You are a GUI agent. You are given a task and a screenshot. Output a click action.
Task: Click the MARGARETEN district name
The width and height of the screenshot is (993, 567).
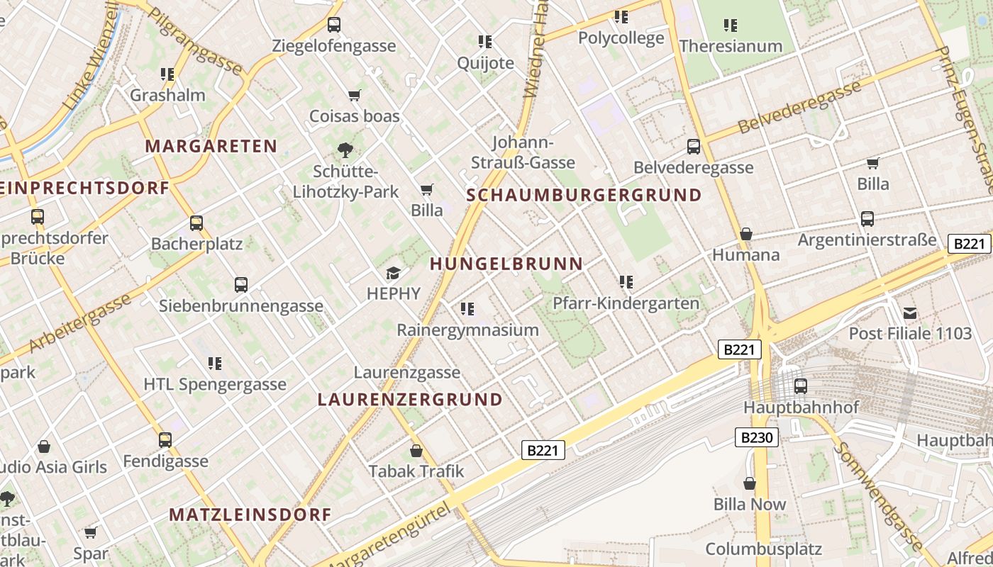211,147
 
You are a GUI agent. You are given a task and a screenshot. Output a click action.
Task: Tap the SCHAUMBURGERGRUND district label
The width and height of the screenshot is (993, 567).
584,196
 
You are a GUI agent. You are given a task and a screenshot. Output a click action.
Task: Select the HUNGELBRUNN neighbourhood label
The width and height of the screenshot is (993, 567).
506,264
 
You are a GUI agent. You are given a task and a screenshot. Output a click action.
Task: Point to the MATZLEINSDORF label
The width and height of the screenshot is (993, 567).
250,515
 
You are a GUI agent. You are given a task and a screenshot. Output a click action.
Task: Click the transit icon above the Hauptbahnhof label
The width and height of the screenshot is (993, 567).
801,386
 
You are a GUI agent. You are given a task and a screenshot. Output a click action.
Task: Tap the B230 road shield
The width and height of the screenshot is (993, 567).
756,437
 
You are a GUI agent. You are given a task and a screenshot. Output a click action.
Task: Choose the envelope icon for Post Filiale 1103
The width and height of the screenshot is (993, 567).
910,313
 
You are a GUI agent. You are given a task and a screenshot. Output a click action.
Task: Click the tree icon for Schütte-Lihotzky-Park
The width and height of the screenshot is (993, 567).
345,150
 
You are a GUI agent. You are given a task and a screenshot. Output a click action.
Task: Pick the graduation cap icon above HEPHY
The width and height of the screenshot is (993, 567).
393,273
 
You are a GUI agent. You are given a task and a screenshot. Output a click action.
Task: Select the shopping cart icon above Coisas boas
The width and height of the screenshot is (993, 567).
354,95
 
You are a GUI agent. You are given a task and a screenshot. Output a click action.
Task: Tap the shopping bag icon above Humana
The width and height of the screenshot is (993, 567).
746,234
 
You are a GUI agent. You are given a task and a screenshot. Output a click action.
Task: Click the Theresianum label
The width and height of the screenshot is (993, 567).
731,46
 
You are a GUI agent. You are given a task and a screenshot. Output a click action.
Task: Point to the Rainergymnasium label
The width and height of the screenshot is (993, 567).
467,330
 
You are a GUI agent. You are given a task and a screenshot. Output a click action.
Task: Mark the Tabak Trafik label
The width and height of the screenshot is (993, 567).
416,471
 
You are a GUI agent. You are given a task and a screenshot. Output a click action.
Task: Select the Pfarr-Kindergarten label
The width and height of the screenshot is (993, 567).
626,303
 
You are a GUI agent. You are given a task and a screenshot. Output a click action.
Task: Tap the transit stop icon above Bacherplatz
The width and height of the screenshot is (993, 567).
196,223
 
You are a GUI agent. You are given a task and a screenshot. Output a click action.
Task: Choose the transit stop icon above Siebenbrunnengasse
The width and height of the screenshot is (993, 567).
241,285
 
